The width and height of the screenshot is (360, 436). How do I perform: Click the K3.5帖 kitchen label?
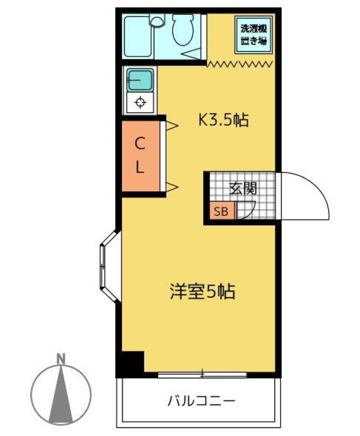[x=223, y=121]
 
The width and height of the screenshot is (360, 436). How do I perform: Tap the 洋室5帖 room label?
[x=202, y=292]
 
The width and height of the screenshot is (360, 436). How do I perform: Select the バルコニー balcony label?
[x=202, y=400]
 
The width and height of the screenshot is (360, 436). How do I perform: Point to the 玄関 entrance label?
[x=242, y=189]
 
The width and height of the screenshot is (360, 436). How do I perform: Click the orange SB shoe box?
[x=222, y=211]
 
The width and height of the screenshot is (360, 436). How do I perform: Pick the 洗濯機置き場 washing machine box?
[x=253, y=35]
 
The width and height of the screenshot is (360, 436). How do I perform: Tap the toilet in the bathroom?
[x=183, y=30]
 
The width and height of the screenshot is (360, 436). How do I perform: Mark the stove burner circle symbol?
[x=140, y=103]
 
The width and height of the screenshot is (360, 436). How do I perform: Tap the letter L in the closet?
[x=139, y=168]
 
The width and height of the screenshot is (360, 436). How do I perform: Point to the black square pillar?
[x=132, y=362]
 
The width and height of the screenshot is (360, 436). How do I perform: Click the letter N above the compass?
[x=61, y=359]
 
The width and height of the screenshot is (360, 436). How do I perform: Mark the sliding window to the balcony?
[x=202, y=373]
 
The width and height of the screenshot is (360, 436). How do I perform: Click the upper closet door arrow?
[x=172, y=125]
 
